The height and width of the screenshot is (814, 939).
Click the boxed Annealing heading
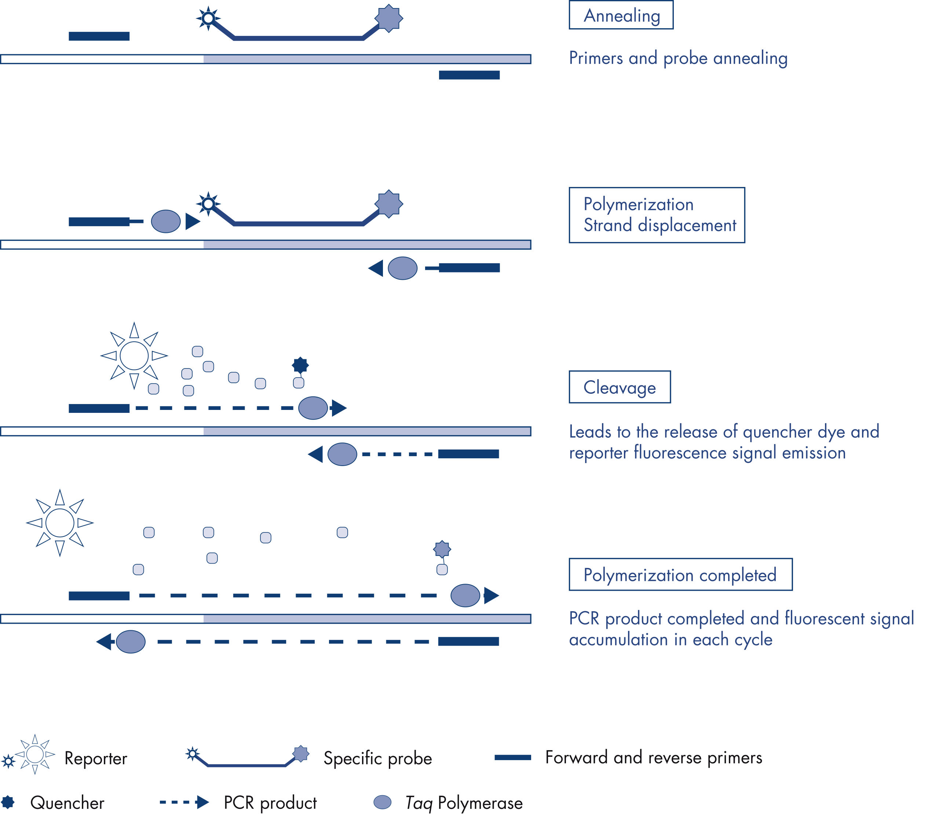coord(621,15)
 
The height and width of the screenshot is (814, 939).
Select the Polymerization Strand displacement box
coord(657,215)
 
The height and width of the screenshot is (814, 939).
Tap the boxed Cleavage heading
coord(619,387)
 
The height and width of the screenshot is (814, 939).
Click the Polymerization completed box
coord(680,575)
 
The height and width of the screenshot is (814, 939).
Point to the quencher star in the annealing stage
coord(388,19)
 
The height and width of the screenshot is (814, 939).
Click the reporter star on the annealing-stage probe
coord(208,19)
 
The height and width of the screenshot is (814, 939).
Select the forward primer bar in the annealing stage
coord(99,36)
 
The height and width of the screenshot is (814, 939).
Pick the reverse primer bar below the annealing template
coord(469,75)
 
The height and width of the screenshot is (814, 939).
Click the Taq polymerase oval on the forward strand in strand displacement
coord(166,222)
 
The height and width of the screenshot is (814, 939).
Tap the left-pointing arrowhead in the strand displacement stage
coord(376,268)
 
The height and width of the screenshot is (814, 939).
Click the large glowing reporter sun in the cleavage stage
coord(134,356)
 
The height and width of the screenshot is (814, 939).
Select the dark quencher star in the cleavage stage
coord(300,364)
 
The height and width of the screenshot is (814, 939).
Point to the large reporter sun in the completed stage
coord(60,523)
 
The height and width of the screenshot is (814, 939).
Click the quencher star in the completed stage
coord(442,549)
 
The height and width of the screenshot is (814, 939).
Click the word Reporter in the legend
coord(95,759)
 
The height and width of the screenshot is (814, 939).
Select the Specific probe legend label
coord(377,759)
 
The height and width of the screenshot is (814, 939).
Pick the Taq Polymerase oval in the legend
coord(382,802)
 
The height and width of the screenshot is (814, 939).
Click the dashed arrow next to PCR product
coord(184,802)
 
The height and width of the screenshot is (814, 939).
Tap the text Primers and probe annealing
coord(678,58)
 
